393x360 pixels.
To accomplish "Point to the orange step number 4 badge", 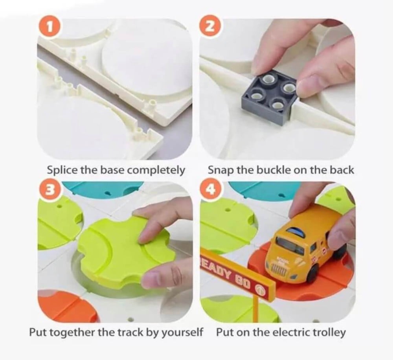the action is [211, 189].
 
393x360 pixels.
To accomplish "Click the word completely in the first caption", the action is [156, 171].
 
